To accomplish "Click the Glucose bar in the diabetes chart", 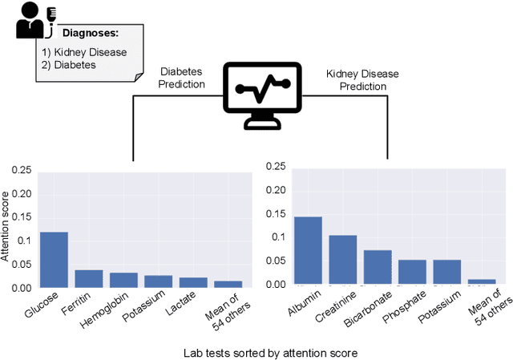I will coord(55,260).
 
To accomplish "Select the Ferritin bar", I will coord(89,278).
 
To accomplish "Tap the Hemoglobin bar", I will coord(123,280).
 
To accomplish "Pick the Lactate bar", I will coord(193,282).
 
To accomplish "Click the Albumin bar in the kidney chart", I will coord(308,250).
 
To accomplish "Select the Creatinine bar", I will coord(342,260).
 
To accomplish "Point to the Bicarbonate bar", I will coord(378,267).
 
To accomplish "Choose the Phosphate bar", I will coord(412,272).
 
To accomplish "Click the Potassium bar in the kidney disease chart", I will coord(447,272).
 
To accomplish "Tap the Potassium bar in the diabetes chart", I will coord(158,281).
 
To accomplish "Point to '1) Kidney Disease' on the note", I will coord(84,52).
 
